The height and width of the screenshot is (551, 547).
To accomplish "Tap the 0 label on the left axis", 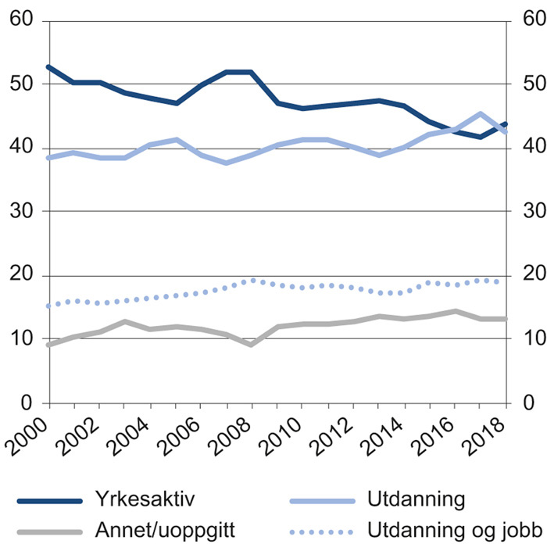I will [34, 403].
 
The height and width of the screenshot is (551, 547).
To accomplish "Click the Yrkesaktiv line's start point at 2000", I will [49, 67].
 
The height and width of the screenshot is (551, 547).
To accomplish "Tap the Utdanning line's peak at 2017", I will [481, 114].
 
